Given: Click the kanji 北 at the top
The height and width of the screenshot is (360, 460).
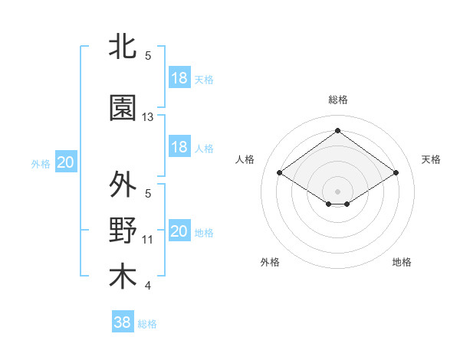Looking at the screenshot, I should (x=123, y=47).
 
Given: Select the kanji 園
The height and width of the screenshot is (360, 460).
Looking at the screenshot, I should (x=123, y=109).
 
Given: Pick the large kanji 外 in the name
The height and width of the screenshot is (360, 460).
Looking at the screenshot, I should (x=123, y=185).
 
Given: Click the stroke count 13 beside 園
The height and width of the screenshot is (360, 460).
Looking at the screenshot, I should (x=148, y=117).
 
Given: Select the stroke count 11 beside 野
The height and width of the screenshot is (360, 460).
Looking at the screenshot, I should (x=148, y=240).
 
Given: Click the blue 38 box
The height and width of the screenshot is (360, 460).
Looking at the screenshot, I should (x=123, y=322).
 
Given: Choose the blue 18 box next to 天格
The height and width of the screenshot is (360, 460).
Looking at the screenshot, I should (x=179, y=78).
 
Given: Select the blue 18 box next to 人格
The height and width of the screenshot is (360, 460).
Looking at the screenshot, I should (x=179, y=147).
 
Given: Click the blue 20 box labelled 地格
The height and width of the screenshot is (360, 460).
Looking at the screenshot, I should (x=179, y=231).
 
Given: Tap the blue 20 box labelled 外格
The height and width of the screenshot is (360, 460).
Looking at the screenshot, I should (x=66, y=162).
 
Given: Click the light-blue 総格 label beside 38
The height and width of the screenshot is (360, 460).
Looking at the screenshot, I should (x=147, y=324).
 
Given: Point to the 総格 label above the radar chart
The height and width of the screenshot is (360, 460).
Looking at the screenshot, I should (x=337, y=100).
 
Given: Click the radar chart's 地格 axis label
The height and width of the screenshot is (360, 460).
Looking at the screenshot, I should (x=402, y=262).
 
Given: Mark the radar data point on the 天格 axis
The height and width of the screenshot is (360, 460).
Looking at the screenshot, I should (x=396, y=173).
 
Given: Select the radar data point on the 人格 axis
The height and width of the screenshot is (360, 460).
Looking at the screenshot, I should (x=280, y=173).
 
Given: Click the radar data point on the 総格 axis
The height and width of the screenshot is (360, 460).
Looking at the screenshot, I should (x=337, y=131).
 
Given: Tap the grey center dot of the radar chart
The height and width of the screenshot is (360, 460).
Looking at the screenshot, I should (x=337, y=190).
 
